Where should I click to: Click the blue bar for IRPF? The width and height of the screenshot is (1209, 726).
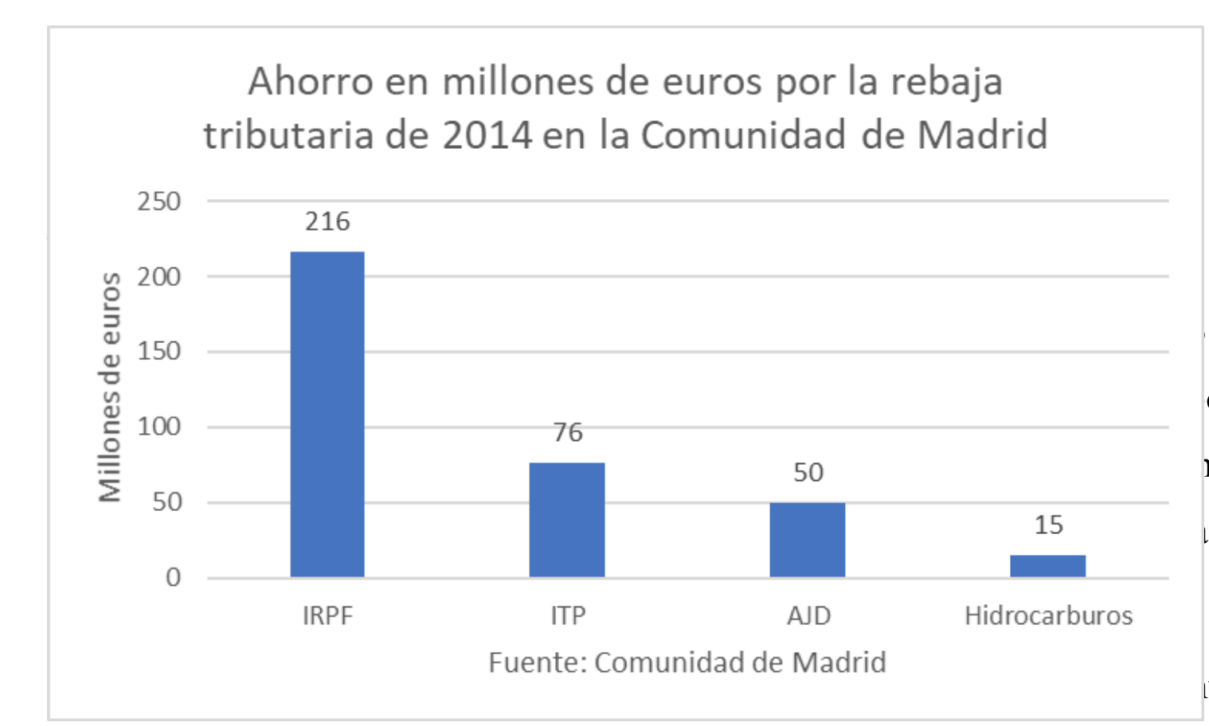[x=327, y=414]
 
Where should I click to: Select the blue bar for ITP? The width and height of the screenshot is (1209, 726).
[x=567, y=519]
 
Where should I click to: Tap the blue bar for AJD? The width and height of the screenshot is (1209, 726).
[x=807, y=539]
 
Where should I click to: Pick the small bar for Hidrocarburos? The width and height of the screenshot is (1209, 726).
[x=1047, y=565]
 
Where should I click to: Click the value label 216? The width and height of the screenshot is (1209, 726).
[x=327, y=221]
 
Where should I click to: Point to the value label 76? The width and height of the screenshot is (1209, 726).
[x=567, y=432]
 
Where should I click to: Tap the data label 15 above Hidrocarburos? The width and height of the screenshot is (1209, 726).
[x=1048, y=525]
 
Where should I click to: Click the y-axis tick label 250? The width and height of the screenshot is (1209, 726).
[x=159, y=201]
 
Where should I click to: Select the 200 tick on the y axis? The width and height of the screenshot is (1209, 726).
[x=159, y=277]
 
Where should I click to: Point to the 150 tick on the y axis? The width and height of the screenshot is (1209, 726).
[x=159, y=351]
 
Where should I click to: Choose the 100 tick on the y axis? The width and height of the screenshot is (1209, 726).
[x=159, y=427]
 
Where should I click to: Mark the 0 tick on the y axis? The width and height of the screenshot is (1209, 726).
[x=173, y=577]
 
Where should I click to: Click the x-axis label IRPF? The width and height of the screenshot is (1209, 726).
[x=327, y=615]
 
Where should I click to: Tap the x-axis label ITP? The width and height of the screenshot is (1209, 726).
[x=567, y=615]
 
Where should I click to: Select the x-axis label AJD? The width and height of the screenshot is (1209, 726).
[x=808, y=615]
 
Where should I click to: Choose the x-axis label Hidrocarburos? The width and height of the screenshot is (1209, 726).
[x=1048, y=615]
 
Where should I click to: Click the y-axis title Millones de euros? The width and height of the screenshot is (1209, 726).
[x=110, y=388]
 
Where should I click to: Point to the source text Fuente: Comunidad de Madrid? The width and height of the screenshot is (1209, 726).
[x=687, y=662]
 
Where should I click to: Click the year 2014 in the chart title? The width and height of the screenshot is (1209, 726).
[x=487, y=135]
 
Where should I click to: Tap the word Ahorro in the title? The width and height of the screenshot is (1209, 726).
[x=310, y=81]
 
